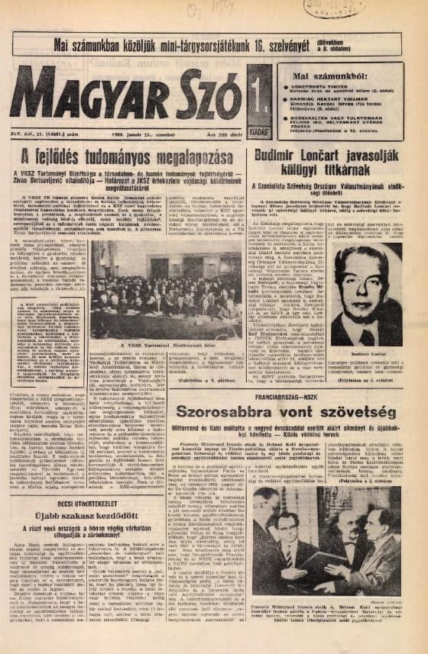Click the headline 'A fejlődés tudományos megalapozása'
click(x=126, y=158)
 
